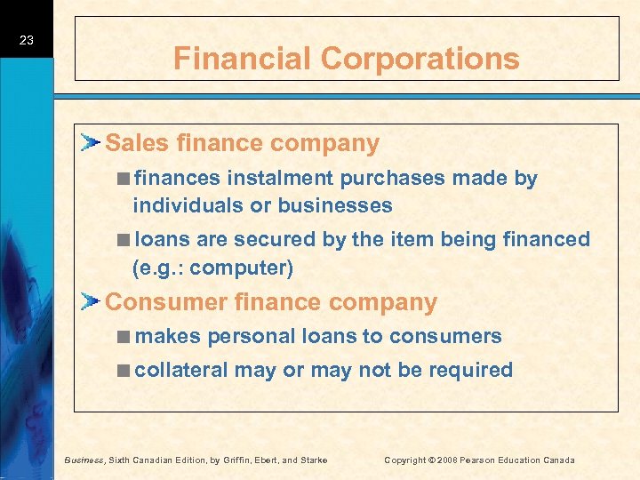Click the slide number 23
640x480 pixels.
(x=26, y=40)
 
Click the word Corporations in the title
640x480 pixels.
(x=420, y=59)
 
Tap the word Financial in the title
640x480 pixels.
(x=243, y=59)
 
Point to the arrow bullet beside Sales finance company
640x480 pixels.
(x=92, y=142)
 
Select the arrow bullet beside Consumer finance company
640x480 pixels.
(x=92, y=301)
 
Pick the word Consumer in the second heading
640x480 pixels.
(x=165, y=302)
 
